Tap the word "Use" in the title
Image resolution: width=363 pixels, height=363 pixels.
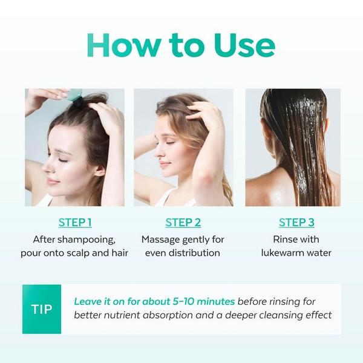[242, 45]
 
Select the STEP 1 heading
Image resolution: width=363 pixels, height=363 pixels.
[75, 222]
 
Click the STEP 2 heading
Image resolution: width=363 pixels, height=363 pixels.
[183, 222]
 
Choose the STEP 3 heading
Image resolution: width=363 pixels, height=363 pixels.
[296, 222]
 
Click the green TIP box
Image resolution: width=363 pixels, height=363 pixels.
[42, 309]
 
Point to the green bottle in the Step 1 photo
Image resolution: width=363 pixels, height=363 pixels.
[74, 95]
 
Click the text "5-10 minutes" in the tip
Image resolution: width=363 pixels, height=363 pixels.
[205, 301]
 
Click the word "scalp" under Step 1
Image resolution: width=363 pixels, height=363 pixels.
[78, 253]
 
